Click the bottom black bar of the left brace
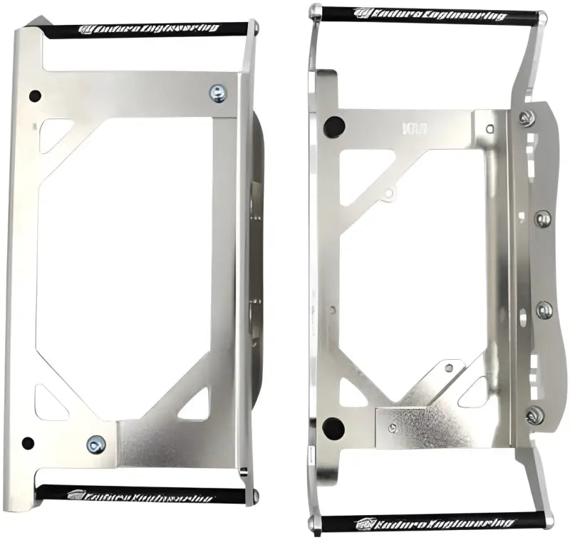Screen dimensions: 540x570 pyautogui.click(x=142, y=493)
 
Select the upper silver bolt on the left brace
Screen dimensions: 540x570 pyautogui.click(x=217, y=93)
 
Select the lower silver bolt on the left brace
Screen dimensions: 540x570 pyautogui.click(x=96, y=445)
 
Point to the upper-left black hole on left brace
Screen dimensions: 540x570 pyautogui.click(x=35, y=95)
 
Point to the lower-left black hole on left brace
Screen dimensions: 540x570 pyautogui.click(x=28, y=443)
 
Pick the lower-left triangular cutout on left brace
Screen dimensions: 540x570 pyautogui.click(x=49, y=403)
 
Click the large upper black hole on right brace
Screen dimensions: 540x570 pyautogui.click(x=333, y=127)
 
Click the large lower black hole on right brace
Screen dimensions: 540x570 pyautogui.click(x=333, y=428)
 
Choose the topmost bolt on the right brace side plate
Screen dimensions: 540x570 pyautogui.click(x=527, y=118)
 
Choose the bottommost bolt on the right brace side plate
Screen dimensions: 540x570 pyautogui.click(x=534, y=415)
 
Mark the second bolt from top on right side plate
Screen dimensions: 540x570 pyautogui.click(x=543, y=217)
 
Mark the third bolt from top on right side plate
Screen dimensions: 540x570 pyautogui.click(x=544, y=310)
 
